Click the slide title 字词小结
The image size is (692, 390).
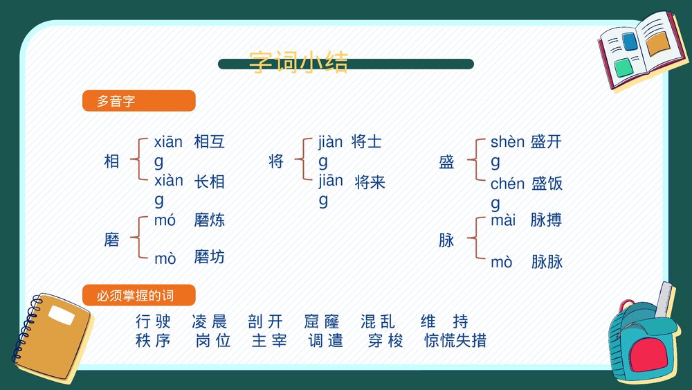[298, 62]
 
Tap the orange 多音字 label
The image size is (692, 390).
[138, 101]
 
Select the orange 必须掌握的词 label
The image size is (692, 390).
[138, 296]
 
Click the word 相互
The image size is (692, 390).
[210, 143]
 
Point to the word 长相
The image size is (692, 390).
[210, 182]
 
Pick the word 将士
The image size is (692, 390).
[367, 143]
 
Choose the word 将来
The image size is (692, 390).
[370, 183]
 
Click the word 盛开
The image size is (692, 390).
[546, 143]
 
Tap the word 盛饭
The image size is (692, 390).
[547, 184]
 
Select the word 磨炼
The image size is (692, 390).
[210, 221]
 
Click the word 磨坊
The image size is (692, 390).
[210, 258]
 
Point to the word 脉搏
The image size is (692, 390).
[546, 221]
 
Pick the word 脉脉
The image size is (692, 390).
[547, 262]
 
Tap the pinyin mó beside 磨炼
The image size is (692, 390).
[165, 222]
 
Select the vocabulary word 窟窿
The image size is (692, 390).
[322, 321]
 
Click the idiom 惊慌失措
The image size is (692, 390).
[455, 340]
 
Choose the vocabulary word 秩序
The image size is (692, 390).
[153, 340]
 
